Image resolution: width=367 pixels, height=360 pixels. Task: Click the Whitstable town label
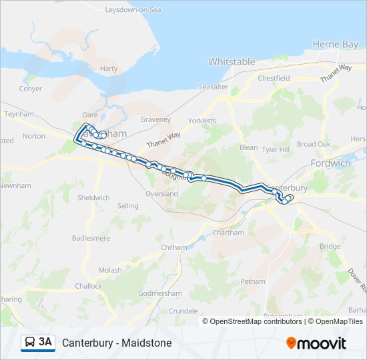(x=232, y=62)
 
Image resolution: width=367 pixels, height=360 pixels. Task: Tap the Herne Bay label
(x=336, y=44)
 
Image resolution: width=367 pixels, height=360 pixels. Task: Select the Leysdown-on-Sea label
(x=133, y=11)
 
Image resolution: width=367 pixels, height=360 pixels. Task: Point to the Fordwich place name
(x=330, y=163)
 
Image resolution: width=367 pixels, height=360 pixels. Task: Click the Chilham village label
(x=172, y=247)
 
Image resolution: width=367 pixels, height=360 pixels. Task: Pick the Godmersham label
(x=159, y=294)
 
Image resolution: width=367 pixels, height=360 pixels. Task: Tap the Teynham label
(x=19, y=114)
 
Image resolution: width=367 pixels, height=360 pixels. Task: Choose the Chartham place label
(x=228, y=233)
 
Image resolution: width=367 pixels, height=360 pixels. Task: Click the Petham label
(x=253, y=281)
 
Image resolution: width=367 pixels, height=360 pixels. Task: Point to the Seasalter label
(x=213, y=87)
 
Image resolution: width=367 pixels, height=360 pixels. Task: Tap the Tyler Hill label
(x=277, y=150)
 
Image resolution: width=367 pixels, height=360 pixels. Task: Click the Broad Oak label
(x=314, y=144)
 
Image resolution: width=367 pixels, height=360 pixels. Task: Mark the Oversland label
(x=161, y=194)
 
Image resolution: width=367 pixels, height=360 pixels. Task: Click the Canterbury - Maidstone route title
(x=117, y=343)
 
